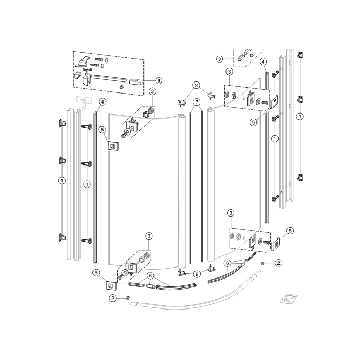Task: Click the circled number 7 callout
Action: [x=196, y=101]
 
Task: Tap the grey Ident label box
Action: [x=84, y=100]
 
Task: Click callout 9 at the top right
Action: [x=220, y=59]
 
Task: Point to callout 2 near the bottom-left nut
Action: [x=113, y=298]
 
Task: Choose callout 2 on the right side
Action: [x=279, y=262]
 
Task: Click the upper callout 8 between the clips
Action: [x=196, y=85]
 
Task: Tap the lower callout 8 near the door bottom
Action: [x=196, y=274]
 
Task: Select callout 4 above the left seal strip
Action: [x=102, y=101]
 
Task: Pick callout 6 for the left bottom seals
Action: [x=151, y=275]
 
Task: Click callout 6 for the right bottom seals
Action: [x=228, y=263]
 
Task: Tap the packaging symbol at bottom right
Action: [x=288, y=297]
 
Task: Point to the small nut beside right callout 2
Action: [x=263, y=262]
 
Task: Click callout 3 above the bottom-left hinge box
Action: [x=149, y=237]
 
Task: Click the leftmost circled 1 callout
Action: [x=63, y=181]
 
